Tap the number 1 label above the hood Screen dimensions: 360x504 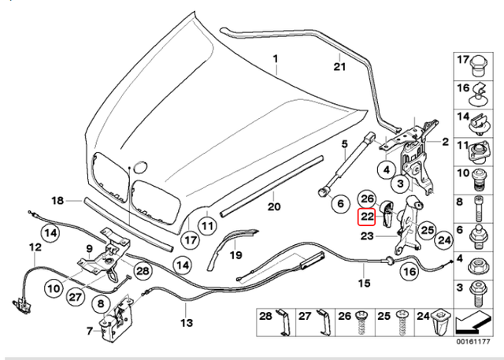click(x=276, y=59)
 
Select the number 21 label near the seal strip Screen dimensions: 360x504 click(x=339, y=66)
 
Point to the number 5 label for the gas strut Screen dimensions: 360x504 click(x=344, y=144)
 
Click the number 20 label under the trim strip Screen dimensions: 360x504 click(x=273, y=207)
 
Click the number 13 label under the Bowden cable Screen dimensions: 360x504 click(x=186, y=323)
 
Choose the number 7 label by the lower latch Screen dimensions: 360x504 click(x=89, y=332)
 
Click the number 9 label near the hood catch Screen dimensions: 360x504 click(x=90, y=249)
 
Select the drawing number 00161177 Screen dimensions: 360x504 click(x=475, y=343)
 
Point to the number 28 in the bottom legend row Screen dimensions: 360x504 click(x=265, y=316)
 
